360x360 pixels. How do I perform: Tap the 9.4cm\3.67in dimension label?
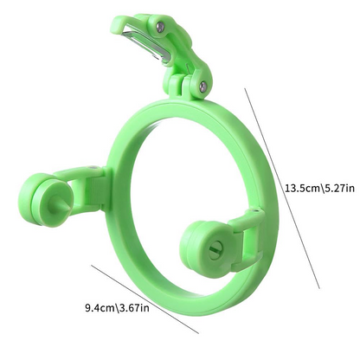click(117, 306)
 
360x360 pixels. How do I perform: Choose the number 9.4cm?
click(99, 306)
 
